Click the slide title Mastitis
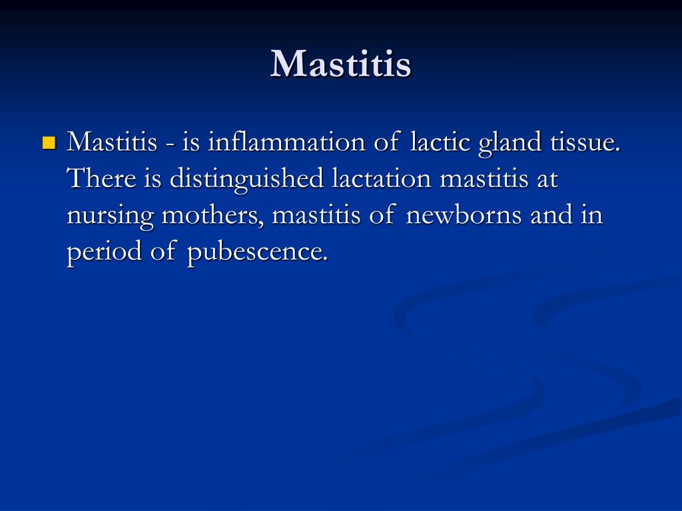(340, 64)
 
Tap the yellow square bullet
(49, 142)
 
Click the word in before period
(592, 216)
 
